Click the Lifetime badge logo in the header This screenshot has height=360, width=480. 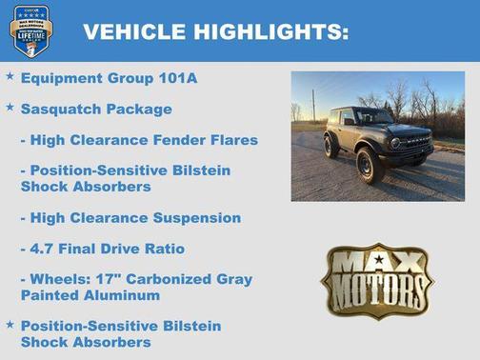pos(31,30)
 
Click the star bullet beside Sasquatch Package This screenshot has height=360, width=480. pos(10,108)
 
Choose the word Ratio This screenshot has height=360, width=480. pos(162,249)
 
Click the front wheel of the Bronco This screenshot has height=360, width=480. pos(370,165)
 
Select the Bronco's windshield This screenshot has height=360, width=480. pos(372,116)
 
